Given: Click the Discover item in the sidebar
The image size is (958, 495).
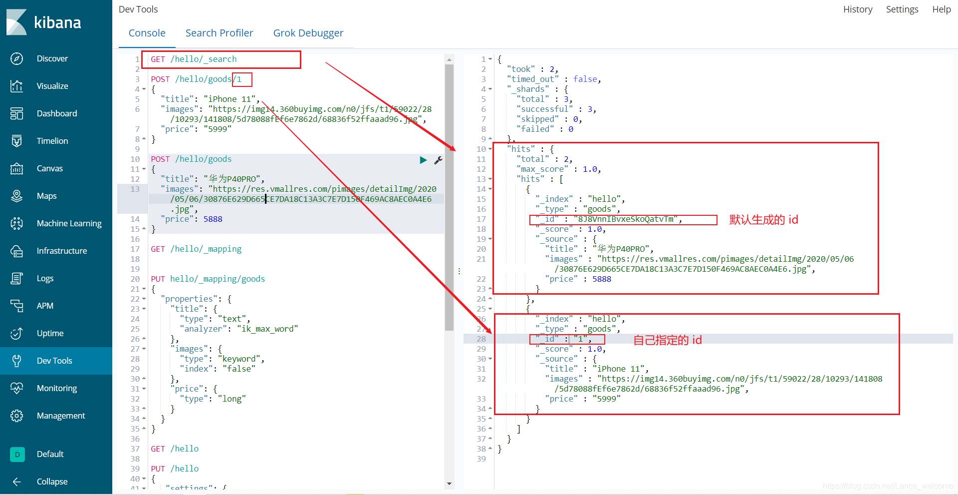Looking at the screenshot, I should [52, 58].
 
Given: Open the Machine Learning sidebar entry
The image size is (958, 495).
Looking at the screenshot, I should [69, 223].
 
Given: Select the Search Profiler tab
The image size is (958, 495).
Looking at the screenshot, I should [219, 33].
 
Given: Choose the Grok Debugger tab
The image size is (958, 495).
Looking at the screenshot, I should [308, 33].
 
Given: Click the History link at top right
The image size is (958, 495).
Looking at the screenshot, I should [857, 9].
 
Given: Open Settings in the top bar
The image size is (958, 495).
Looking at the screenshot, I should [902, 9].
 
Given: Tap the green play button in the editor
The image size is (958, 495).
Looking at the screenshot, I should [423, 160].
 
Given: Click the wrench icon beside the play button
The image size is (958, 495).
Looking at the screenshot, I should [438, 160].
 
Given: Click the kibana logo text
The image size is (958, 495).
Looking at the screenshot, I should [57, 22].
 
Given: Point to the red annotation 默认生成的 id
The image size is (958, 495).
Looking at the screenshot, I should [763, 220].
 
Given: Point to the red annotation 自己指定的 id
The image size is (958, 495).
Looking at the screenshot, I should [667, 340].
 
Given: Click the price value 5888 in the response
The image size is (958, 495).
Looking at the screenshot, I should [601, 279].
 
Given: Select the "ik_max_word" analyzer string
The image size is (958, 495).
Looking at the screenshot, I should [267, 329].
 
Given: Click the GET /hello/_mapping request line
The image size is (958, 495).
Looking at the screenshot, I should [196, 249].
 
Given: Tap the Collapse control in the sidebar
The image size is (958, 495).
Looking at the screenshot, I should [52, 482].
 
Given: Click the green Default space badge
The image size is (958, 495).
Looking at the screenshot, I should [17, 454].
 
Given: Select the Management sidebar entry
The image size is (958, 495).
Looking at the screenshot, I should [61, 416].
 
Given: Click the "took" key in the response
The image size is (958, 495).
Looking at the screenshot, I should [521, 69].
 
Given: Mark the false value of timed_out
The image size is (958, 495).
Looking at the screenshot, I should [585, 79].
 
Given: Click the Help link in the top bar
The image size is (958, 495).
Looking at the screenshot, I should [941, 9].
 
